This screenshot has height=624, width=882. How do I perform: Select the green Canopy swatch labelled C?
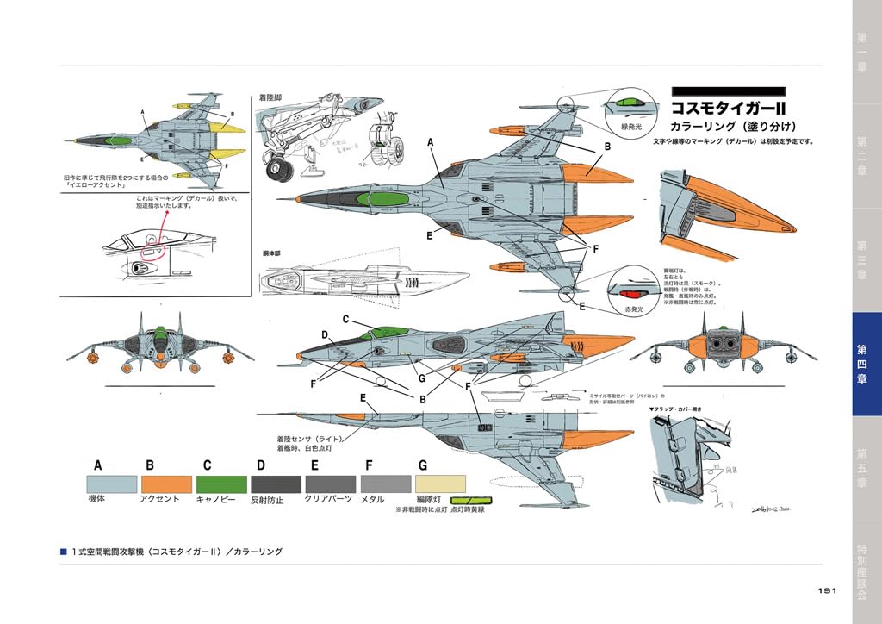(x=221, y=484)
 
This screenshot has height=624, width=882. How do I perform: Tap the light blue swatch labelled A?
(x=112, y=484)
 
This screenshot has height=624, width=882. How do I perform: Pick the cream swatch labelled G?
(x=440, y=484)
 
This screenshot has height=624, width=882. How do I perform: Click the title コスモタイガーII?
(x=730, y=110)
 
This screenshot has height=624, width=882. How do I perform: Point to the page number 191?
(x=827, y=590)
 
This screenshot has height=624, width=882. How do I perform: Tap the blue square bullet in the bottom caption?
(x=63, y=552)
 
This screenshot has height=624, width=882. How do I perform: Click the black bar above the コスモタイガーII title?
(x=727, y=90)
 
